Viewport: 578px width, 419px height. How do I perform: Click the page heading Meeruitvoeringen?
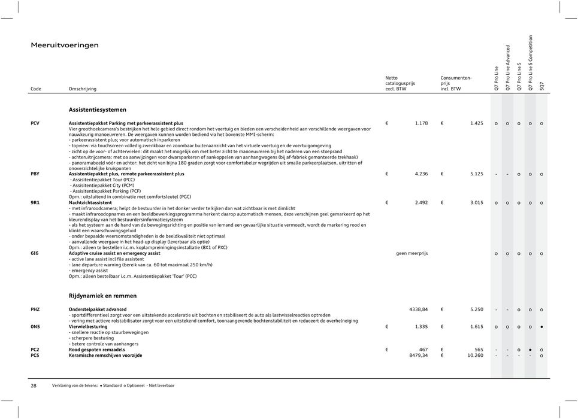click(65, 45)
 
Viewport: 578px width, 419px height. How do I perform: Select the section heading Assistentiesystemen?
click(97, 110)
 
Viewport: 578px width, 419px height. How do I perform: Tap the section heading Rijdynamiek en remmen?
click(102, 296)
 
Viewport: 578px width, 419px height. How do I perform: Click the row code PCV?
click(36, 123)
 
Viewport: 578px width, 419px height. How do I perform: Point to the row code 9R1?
click(35, 203)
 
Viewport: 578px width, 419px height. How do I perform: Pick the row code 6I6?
click(35, 253)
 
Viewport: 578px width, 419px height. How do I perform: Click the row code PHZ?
click(35, 309)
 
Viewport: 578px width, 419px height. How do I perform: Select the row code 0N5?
click(35, 327)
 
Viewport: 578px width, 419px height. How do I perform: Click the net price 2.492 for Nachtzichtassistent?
click(418, 203)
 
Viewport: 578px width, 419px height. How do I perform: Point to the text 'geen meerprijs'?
click(412, 253)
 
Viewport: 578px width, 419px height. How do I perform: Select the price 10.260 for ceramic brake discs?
click(471, 355)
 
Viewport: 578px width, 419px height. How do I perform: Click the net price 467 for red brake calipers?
click(423, 349)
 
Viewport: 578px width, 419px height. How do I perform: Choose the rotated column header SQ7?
click(542, 87)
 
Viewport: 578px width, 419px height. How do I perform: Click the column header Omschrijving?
click(83, 89)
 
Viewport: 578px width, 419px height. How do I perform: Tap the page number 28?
click(34, 386)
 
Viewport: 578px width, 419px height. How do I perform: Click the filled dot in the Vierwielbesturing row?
click(542, 327)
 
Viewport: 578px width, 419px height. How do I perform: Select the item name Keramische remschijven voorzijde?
click(105, 355)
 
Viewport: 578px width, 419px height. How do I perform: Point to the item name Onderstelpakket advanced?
click(98, 309)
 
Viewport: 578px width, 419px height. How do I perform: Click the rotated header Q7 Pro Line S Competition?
click(531, 63)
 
